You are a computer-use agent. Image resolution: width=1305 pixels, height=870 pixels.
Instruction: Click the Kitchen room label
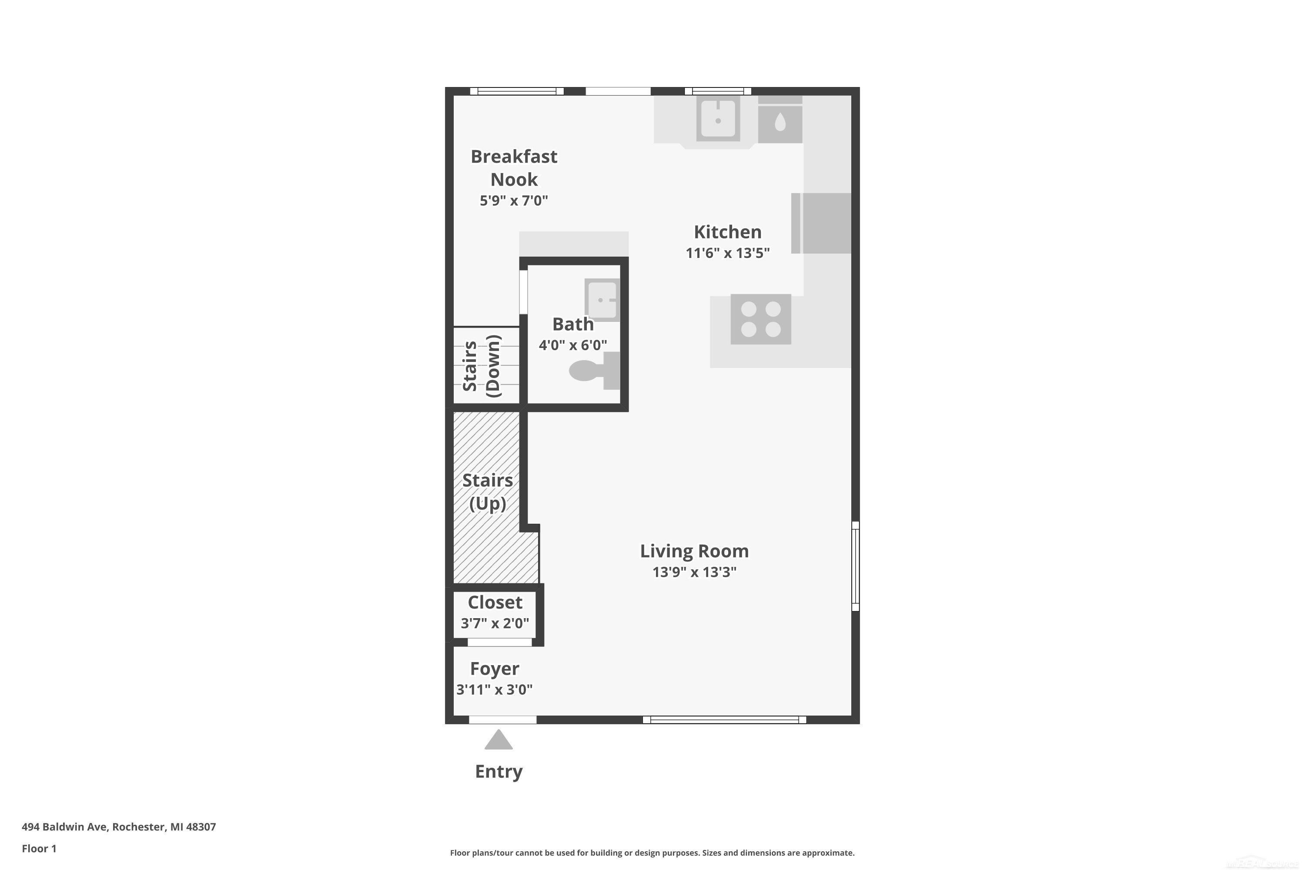(727, 232)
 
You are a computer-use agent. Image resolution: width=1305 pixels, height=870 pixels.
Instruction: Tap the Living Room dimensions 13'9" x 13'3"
(694, 572)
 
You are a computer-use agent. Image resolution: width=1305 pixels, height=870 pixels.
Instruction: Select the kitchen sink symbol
(718, 118)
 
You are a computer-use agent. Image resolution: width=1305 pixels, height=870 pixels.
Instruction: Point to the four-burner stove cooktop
(761, 319)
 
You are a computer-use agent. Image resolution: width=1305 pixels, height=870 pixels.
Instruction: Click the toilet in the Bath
(594, 371)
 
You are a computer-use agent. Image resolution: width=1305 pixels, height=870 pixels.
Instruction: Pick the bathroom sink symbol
(602, 300)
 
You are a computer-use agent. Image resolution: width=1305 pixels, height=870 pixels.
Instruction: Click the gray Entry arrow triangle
(498, 739)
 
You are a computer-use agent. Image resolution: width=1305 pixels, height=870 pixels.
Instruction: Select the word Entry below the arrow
(499, 772)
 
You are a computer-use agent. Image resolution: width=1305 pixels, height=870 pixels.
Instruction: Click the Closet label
(495, 602)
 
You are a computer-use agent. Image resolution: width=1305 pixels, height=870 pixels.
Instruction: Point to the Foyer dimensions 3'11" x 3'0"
(494, 689)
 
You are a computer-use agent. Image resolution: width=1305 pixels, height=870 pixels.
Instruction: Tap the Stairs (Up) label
(488, 492)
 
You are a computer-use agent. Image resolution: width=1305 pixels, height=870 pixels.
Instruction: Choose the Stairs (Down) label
(482, 366)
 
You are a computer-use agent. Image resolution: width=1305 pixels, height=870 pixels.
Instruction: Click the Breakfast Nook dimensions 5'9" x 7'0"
(514, 200)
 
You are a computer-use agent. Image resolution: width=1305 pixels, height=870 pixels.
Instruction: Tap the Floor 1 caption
(39, 848)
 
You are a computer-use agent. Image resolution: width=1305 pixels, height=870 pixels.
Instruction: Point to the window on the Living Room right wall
(856, 566)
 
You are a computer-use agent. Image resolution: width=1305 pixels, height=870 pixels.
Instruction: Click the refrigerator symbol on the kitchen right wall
(821, 223)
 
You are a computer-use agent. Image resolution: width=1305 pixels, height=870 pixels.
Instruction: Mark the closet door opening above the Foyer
(499, 642)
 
